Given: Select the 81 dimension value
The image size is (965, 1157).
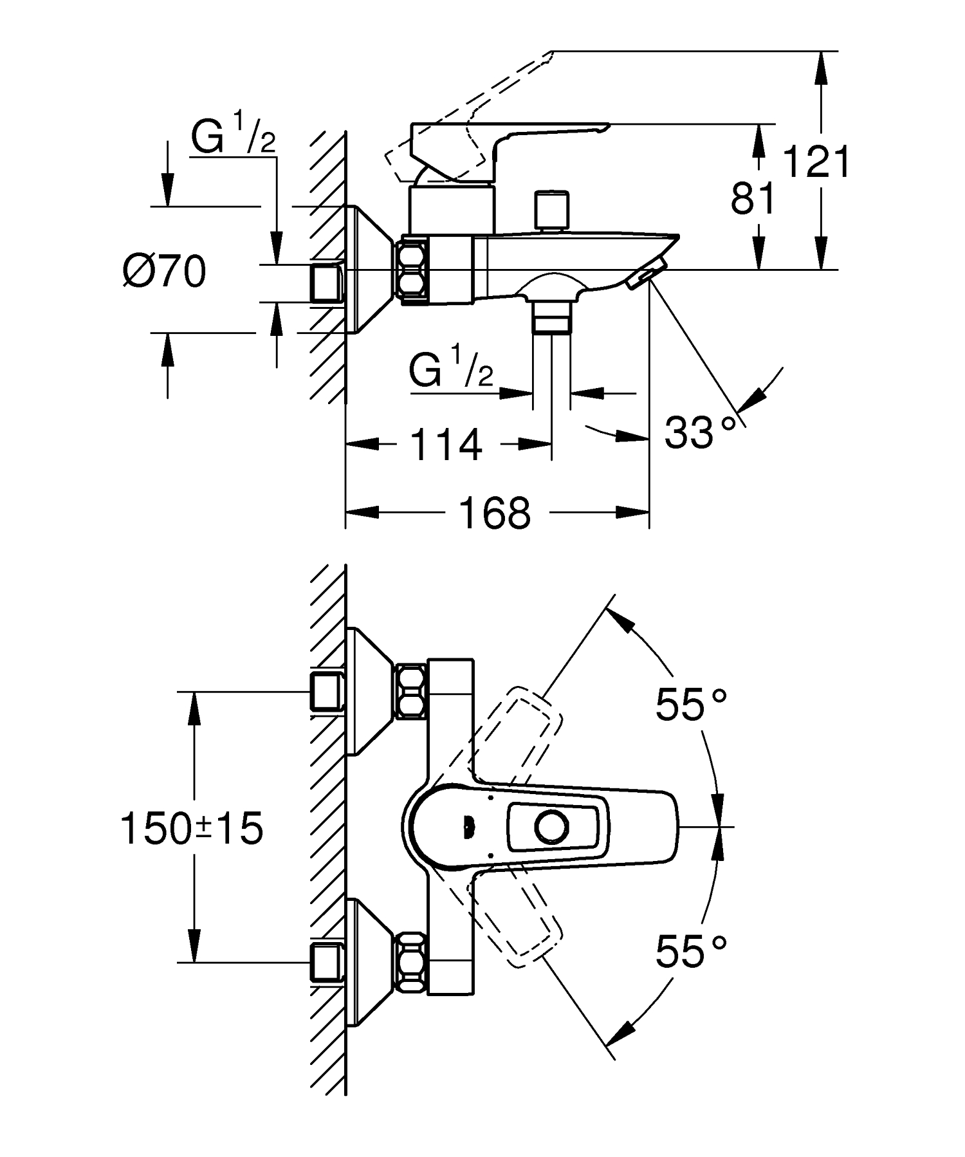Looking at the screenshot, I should point(753,198).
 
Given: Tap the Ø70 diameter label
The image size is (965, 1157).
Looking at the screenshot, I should point(165,272).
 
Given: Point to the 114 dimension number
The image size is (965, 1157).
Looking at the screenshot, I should point(446,445).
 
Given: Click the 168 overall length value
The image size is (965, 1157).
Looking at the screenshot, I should point(495,513).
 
